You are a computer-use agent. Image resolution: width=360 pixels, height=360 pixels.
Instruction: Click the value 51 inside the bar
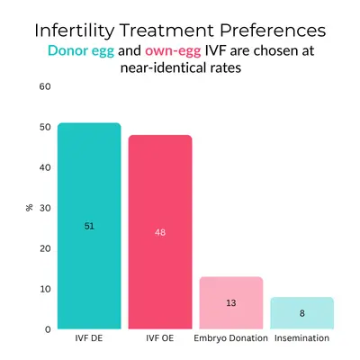(89, 226)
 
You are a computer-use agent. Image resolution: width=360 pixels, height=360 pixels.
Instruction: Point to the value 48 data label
(159, 232)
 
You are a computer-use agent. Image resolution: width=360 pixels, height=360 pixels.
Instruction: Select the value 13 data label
(230, 303)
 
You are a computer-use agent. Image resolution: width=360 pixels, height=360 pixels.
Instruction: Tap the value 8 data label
(301, 313)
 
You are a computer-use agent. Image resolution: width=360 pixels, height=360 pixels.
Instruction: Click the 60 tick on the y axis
(45, 86)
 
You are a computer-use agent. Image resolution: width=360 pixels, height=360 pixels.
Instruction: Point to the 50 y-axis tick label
(45, 127)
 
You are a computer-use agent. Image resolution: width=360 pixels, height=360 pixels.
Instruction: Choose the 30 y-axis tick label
(45, 208)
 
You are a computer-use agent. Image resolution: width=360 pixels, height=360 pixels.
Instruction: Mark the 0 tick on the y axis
(48, 329)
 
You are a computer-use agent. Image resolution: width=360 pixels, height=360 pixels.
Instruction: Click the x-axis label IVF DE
(89, 339)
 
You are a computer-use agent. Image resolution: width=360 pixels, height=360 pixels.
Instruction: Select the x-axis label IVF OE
(159, 339)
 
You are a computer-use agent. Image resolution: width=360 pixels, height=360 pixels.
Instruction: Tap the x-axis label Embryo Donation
(230, 339)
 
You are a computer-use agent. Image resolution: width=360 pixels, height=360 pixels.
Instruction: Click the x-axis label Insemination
(301, 339)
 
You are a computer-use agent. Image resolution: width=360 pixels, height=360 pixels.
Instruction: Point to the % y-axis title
(30, 208)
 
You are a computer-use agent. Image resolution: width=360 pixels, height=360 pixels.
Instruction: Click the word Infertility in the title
(76, 31)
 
